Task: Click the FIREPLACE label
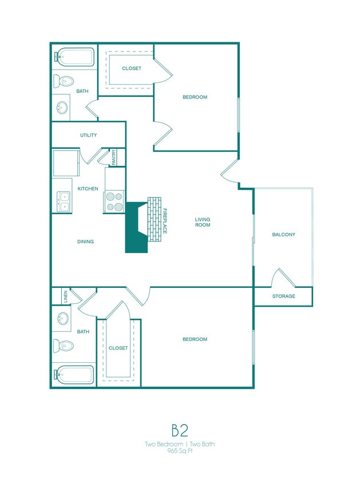click(165, 221)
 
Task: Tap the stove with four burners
click(114, 201)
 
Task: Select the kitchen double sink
click(64, 201)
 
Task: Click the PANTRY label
click(114, 157)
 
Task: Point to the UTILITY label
click(88, 136)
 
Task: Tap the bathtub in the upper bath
click(74, 57)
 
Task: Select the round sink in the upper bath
click(62, 107)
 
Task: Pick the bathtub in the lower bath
click(74, 375)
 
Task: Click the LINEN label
click(66, 296)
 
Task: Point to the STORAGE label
click(283, 296)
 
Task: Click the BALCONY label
click(283, 235)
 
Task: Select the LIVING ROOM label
click(203, 222)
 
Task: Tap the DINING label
click(85, 242)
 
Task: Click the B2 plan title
click(179, 430)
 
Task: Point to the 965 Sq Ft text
click(180, 451)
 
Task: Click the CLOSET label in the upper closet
click(132, 69)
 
